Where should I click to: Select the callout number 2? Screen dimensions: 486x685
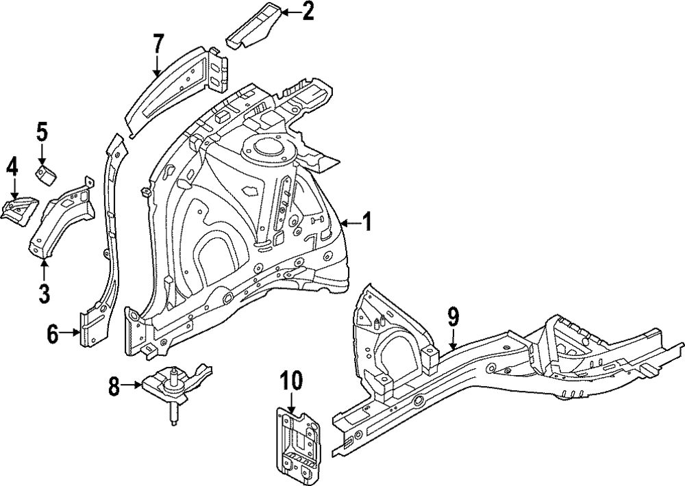tap(308, 12)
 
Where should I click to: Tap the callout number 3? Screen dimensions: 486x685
tap(44, 292)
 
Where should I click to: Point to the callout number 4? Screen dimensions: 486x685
tap(12, 167)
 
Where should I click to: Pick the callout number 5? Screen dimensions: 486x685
tap(42, 131)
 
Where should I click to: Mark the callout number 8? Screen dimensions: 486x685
tap(115, 387)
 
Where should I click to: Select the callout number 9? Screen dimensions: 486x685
tap(453, 317)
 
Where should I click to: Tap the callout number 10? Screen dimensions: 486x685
tap(291, 381)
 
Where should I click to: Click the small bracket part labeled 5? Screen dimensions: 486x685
tap(47, 174)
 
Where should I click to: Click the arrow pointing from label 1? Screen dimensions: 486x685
tap(349, 223)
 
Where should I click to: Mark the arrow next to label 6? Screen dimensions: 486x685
tap(71, 333)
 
